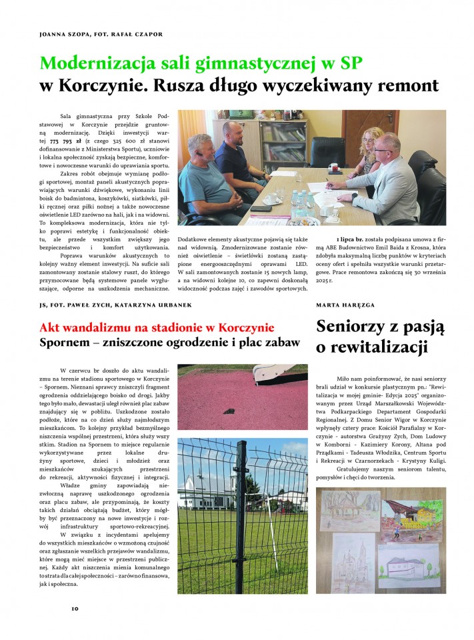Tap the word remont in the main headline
click(x=403, y=85)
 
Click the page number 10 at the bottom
click(x=75, y=608)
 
